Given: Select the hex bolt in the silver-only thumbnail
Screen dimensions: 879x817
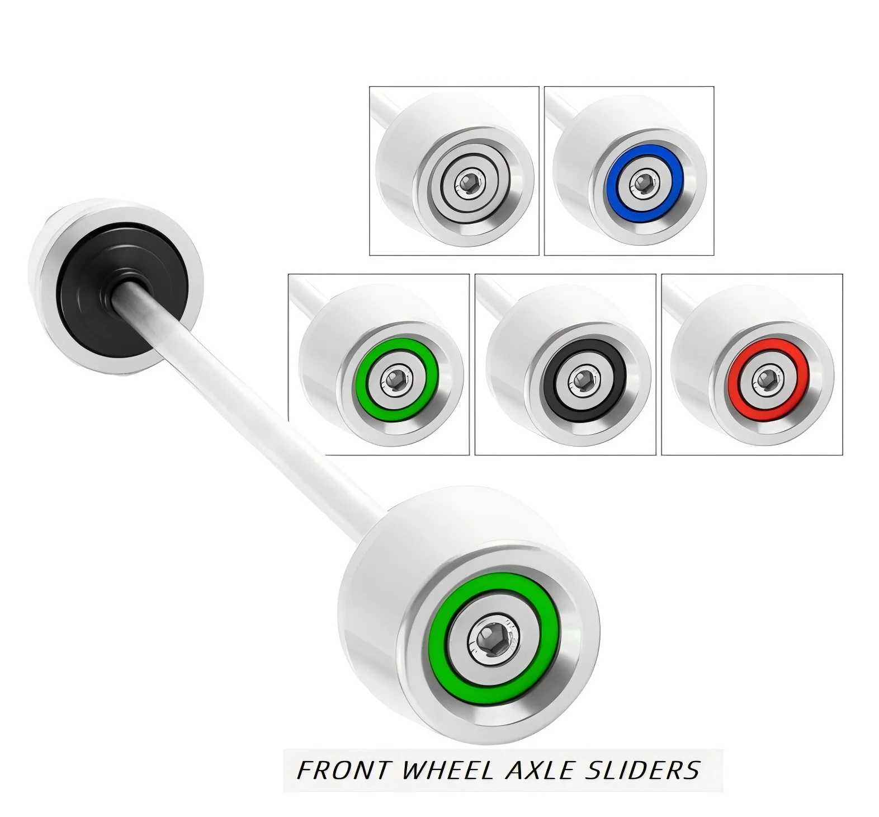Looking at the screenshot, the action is (x=469, y=182).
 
